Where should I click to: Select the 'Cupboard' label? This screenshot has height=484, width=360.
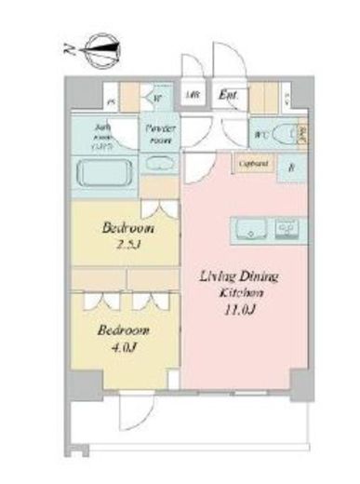tap(254, 164)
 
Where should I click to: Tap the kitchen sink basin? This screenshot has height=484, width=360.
tap(255, 227)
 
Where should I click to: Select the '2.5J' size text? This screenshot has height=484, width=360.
tap(128, 245)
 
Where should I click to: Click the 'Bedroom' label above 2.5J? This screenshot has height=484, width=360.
tap(128, 229)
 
